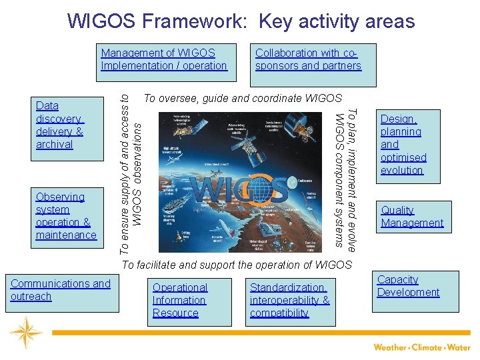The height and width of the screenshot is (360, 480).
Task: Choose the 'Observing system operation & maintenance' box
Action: coord(69,216)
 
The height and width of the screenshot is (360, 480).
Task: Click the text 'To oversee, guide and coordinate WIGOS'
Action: coord(243,98)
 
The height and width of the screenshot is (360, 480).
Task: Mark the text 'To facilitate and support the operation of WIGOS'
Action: coord(237,265)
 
